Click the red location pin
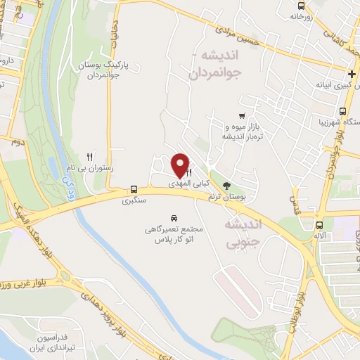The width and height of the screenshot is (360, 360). (x=180, y=165)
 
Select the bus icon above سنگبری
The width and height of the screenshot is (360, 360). (x=133, y=189)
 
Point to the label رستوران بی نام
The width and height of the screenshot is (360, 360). (x=96, y=169)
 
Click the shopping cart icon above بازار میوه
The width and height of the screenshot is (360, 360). (x=242, y=116)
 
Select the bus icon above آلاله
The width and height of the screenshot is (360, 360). (x=320, y=226)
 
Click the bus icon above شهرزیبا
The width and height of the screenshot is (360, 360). (x=342, y=111)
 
